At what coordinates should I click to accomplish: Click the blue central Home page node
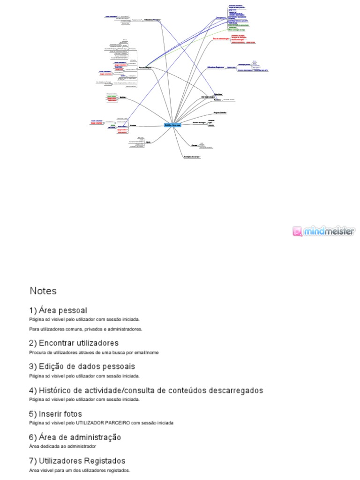[x=172, y=125]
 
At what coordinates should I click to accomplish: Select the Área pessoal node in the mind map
[x=221, y=18]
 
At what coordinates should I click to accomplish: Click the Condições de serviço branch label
[x=192, y=157]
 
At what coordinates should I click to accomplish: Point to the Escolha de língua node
[x=199, y=123]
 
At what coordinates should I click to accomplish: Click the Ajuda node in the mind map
[x=148, y=142]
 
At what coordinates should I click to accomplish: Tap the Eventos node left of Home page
[x=133, y=126]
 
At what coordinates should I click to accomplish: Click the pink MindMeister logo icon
[x=297, y=231]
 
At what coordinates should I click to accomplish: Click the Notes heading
[x=43, y=291]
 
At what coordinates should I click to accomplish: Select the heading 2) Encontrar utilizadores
[x=74, y=343]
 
